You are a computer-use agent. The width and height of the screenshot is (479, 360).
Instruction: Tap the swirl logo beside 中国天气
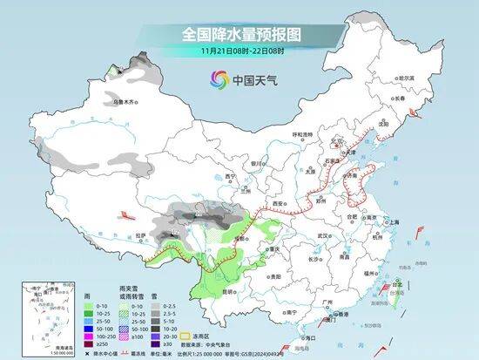[217, 80]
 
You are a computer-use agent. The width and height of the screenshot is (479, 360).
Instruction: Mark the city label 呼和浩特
[301, 134]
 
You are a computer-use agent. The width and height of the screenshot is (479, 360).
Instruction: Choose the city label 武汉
[324, 235]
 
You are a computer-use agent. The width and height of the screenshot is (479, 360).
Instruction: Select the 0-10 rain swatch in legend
[91, 307]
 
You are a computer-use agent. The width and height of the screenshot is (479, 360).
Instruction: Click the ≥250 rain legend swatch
[91, 344]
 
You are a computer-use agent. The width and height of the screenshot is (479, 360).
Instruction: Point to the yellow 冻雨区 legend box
[185, 335]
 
